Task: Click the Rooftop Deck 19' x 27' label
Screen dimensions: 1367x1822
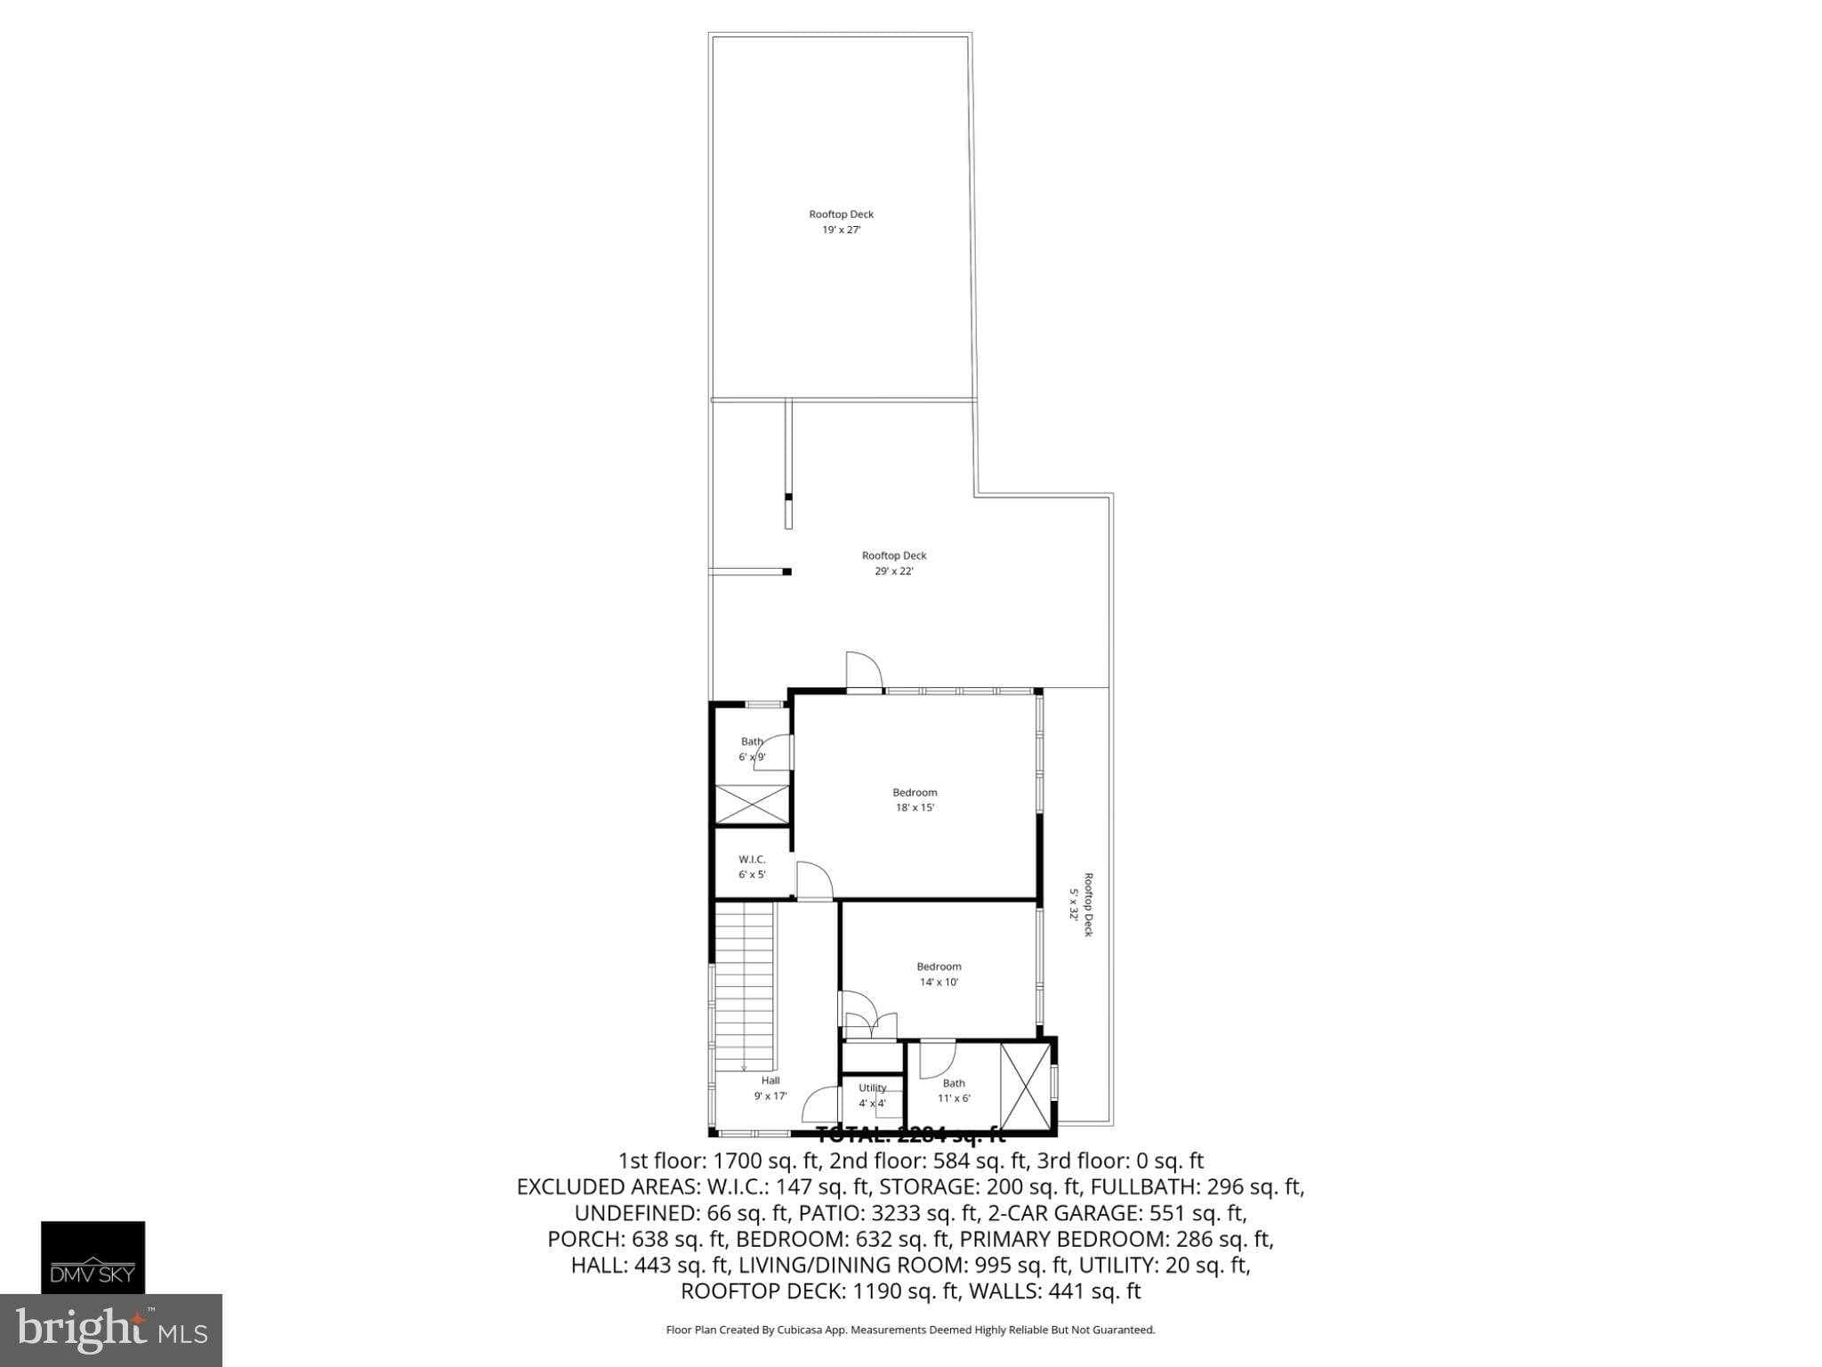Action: pyautogui.click(x=841, y=222)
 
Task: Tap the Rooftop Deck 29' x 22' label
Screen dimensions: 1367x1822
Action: pyautogui.click(x=893, y=563)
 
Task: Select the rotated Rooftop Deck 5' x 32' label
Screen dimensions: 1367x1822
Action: pyautogui.click(x=1080, y=903)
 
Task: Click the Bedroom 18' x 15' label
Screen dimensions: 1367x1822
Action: pyautogui.click(x=915, y=800)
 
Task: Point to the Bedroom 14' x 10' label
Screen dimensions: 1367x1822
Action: pyautogui.click(x=939, y=975)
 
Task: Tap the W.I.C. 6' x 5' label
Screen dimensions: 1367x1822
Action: pyautogui.click(x=752, y=867)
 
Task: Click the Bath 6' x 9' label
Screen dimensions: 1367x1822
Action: pyautogui.click(x=752, y=749)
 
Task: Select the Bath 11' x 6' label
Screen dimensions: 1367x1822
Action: pyautogui.click(x=954, y=1090)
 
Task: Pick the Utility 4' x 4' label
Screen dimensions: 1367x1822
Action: pyautogui.click(x=872, y=1096)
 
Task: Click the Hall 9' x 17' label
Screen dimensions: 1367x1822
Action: pyautogui.click(x=770, y=1088)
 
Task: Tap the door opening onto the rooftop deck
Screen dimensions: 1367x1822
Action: pyautogui.click(x=862, y=671)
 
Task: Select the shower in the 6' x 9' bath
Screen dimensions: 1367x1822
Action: pyautogui.click(x=753, y=805)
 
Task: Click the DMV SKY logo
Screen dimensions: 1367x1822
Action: pyautogui.click(x=93, y=1258)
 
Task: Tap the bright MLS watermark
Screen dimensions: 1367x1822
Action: pyautogui.click(x=110, y=1330)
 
